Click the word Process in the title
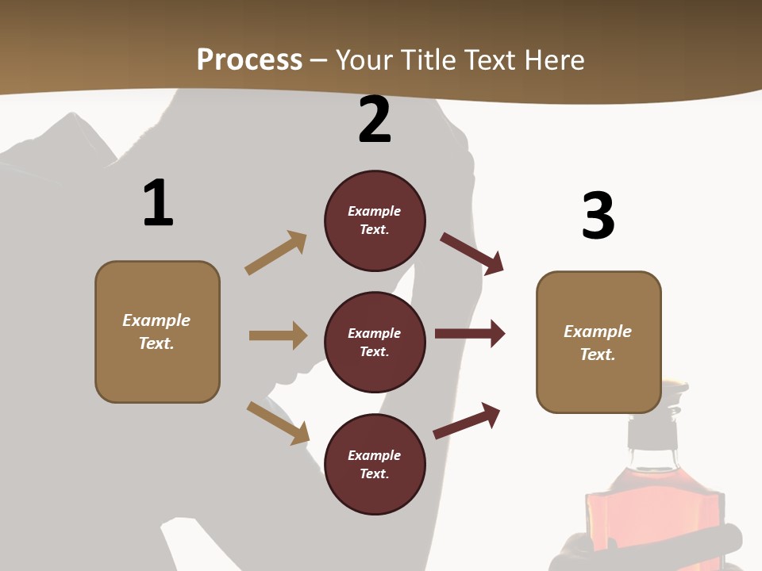249,59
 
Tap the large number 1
158,203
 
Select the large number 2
375,120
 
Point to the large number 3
598,216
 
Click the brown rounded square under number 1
157,331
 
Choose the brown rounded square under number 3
598,342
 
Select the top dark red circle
375,220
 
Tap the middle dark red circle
375,342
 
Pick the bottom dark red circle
375,464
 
